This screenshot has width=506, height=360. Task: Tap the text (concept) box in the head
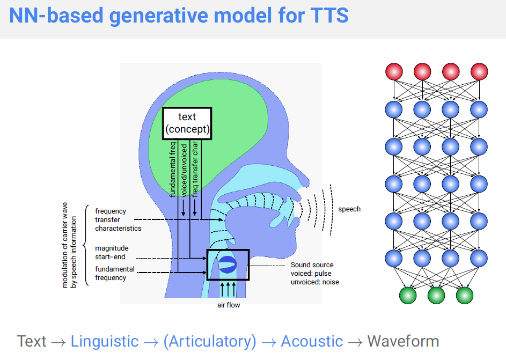[x=187, y=123]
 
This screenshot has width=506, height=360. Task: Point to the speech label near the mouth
[x=349, y=209]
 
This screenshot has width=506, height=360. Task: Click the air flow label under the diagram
[x=229, y=305]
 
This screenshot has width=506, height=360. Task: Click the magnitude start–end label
[x=112, y=253]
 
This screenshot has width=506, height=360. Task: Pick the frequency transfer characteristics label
[x=118, y=219]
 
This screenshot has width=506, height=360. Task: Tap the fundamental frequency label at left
[x=114, y=273]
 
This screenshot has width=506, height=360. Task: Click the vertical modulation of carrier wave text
[x=69, y=244]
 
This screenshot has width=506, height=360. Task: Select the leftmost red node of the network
[x=394, y=71]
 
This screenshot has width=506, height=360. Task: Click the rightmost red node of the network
[x=479, y=71]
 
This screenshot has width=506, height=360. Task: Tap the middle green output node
[x=436, y=295]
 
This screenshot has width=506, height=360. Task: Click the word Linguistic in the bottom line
[x=105, y=341]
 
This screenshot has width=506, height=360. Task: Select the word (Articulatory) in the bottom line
[x=210, y=341]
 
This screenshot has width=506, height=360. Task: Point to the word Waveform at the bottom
[x=403, y=341]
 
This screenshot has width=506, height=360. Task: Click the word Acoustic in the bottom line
[x=312, y=341]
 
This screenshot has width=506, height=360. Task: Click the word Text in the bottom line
[x=32, y=341]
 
